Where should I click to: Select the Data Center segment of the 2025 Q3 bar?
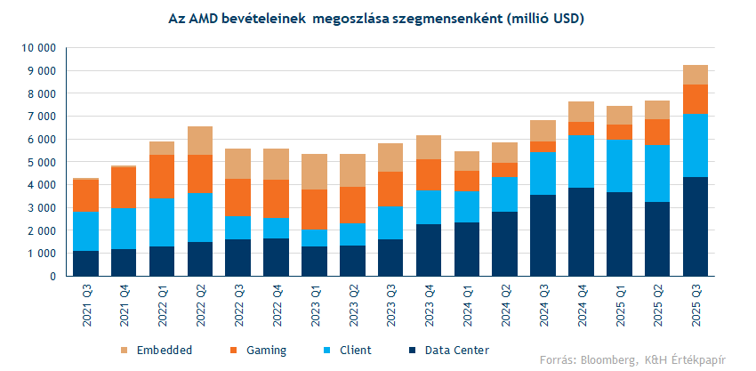[x=695, y=227]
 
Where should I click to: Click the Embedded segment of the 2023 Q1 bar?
[x=313, y=172]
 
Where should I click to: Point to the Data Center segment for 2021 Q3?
[x=85, y=263]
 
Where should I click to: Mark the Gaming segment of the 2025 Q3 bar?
[x=695, y=99]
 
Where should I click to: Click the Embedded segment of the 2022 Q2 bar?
[x=199, y=141]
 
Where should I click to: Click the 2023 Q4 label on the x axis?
[x=429, y=308]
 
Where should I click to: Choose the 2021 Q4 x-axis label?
[x=124, y=308]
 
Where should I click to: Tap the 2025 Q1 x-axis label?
[x=619, y=308]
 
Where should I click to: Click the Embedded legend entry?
[x=160, y=350]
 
